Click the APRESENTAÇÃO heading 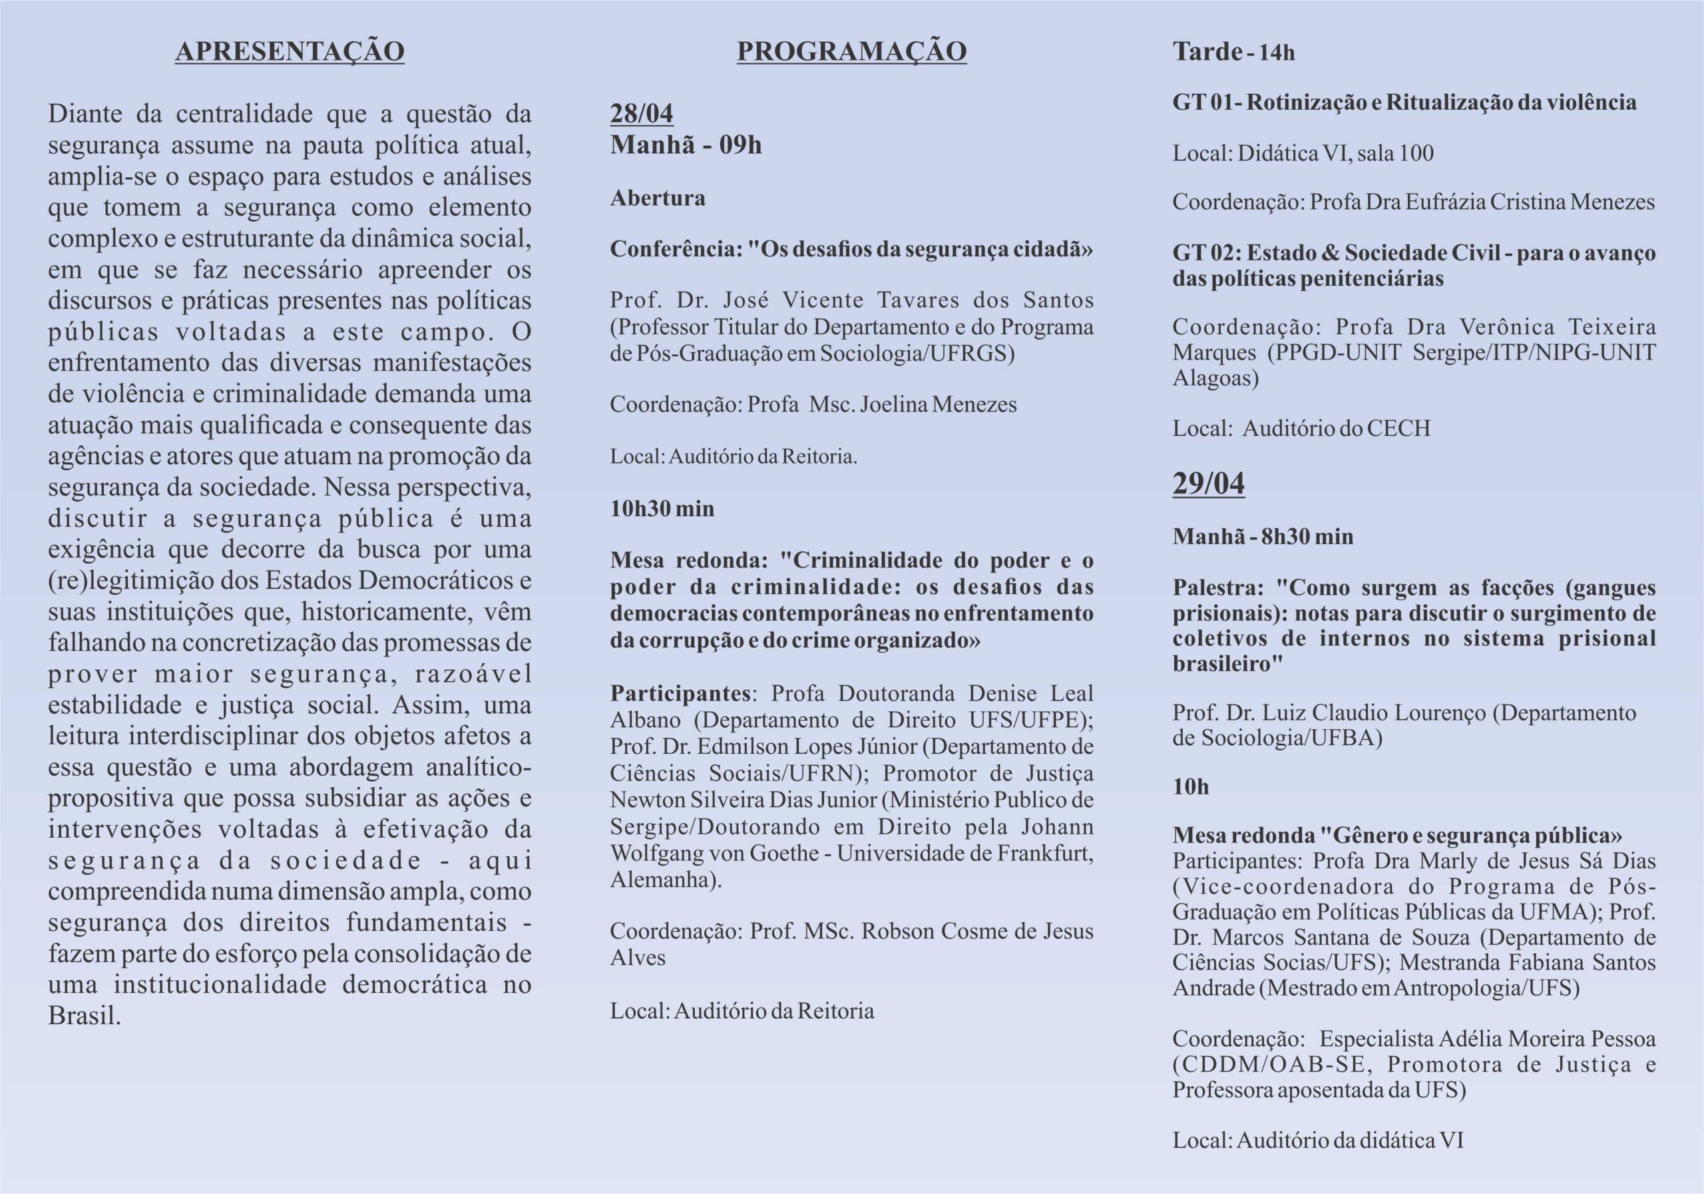click(x=290, y=51)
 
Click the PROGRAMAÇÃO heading click(x=851, y=51)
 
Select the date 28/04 click(x=641, y=114)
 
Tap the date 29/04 click(x=1208, y=483)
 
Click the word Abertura click(x=658, y=198)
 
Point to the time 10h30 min click(x=662, y=509)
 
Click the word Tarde click(x=1207, y=52)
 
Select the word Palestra click(x=1216, y=587)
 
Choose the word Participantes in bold click(x=680, y=693)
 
